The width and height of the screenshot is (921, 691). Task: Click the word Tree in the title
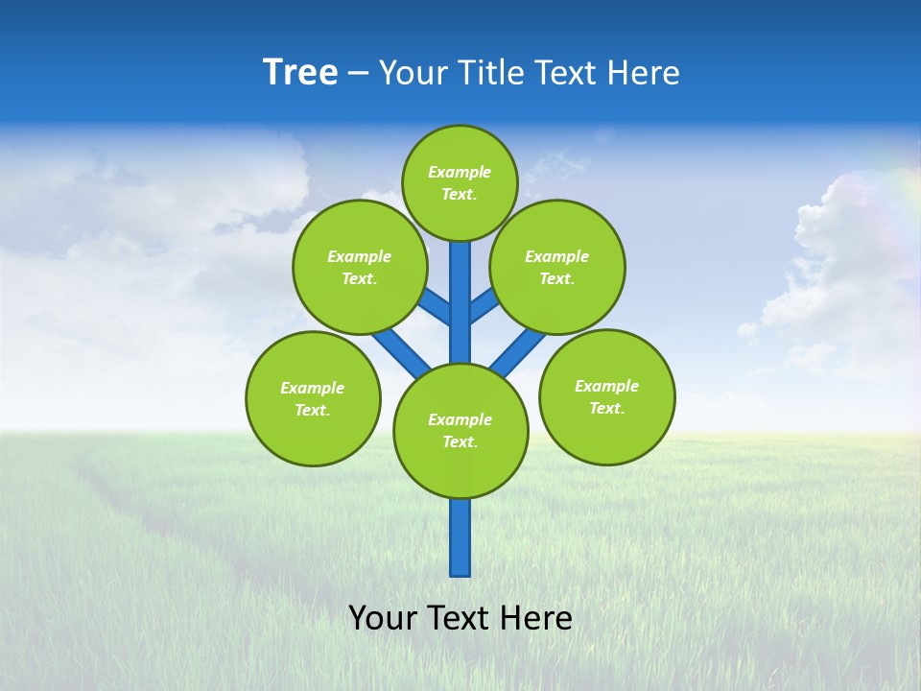[300, 73]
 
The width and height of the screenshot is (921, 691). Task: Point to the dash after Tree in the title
[357, 74]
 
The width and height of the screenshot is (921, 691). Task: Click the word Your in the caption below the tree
[382, 617]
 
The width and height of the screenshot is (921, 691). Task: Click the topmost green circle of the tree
[460, 182]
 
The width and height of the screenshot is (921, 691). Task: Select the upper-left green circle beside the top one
[359, 267]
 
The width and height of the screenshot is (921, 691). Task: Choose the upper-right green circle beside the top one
[556, 267]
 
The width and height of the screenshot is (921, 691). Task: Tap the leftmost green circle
[313, 398]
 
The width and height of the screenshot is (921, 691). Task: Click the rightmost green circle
[606, 396]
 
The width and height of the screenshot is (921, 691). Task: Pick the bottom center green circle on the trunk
[460, 431]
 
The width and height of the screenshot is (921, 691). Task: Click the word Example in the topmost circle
[460, 172]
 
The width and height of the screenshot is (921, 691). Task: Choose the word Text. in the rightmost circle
[606, 408]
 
